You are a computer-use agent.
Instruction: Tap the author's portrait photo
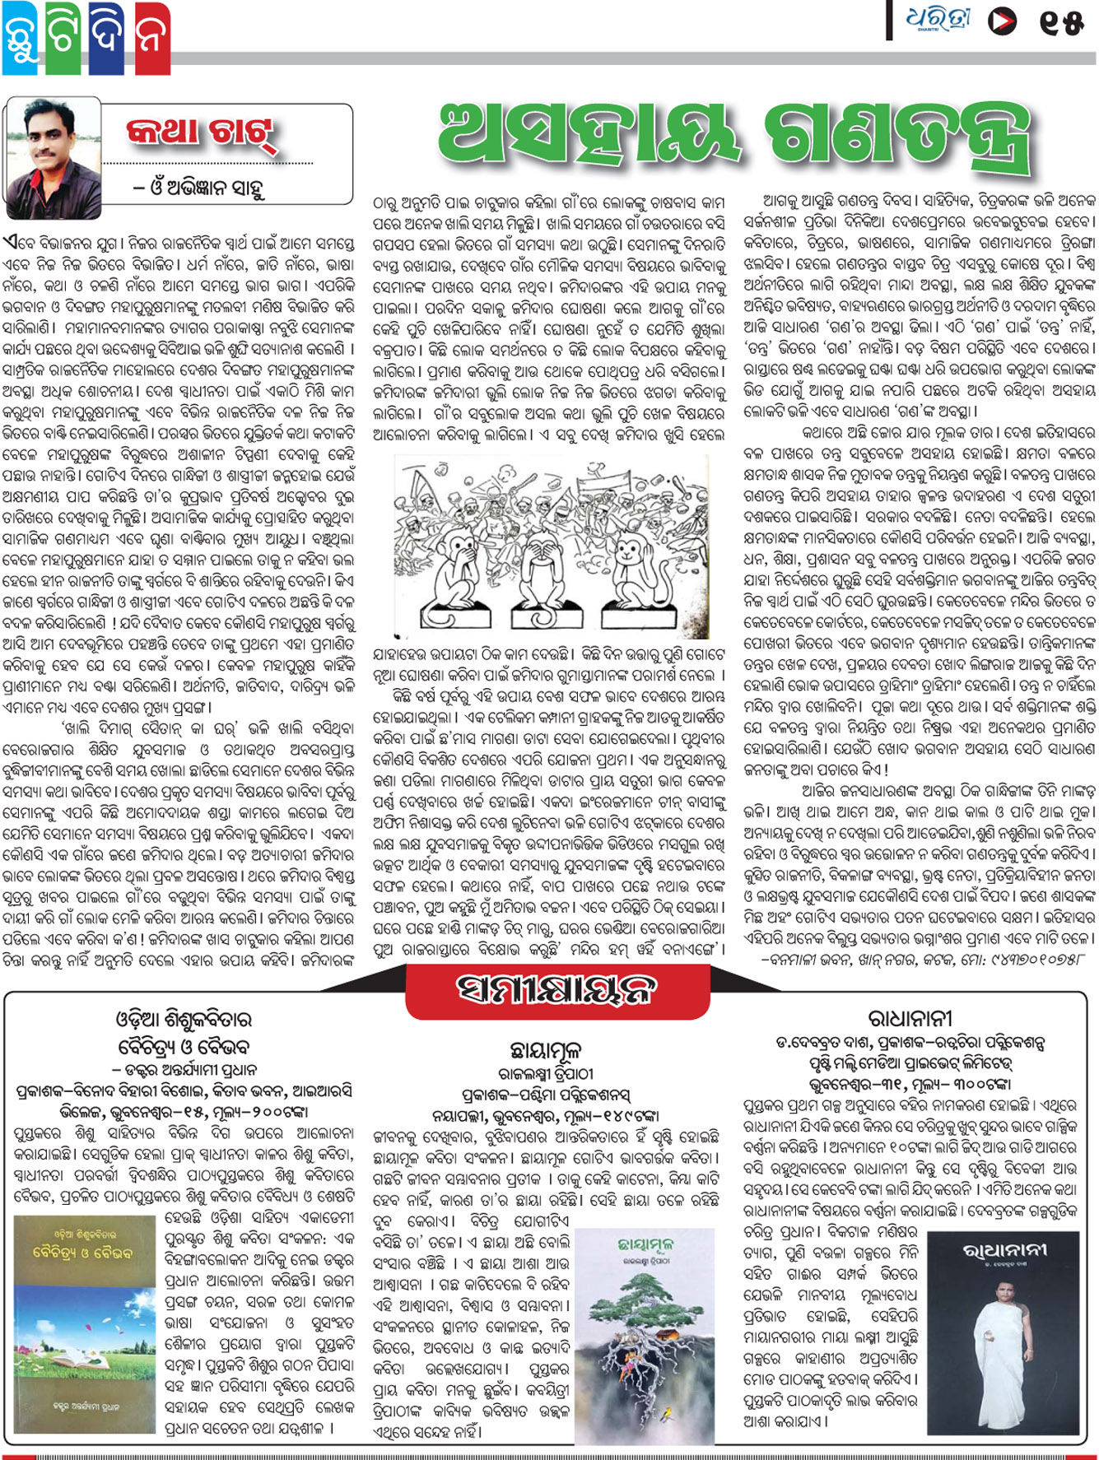(53, 157)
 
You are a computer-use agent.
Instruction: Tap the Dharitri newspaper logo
(938, 21)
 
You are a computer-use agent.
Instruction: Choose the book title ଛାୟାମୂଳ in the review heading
(546, 1049)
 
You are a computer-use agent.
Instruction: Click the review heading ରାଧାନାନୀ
(910, 1019)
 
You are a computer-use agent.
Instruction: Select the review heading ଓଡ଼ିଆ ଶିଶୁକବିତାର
(184, 1020)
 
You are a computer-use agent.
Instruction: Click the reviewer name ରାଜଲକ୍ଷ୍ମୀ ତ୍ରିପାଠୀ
(546, 1073)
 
